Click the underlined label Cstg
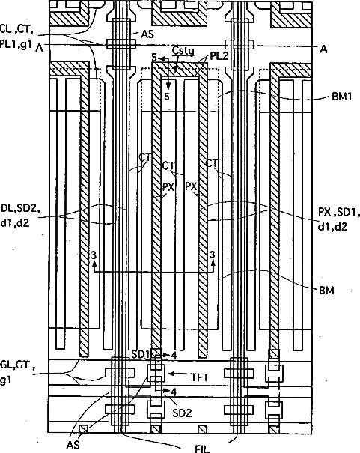coord(183,51)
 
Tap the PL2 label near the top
coord(219,55)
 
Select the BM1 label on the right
coord(342,97)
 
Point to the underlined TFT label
coord(201,377)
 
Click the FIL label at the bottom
coord(202,449)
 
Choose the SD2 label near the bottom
coord(182,413)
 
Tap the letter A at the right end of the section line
coord(323,49)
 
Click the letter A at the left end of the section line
coord(39,48)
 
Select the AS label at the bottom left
coord(73,445)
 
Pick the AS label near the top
coord(147,34)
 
